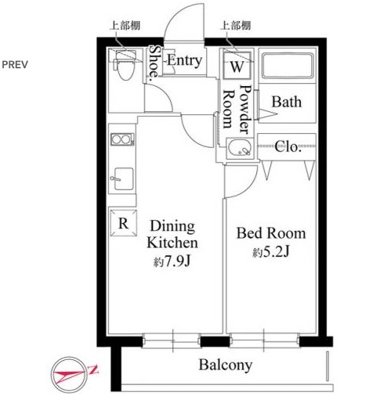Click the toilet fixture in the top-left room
point(125,65)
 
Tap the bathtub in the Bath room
point(288,66)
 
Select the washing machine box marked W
point(237,66)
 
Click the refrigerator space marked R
point(123,223)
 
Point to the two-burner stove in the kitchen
point(122,139)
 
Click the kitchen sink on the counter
point(124,179)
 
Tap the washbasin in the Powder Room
point(240,149)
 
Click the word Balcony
point(226,365)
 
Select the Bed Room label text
point(271,233)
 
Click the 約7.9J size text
point(172,261)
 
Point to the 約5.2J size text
point(271,252)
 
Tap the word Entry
point(184,60)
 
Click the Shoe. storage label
point(154,62)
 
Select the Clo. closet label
point(288,147)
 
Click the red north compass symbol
point(70,375)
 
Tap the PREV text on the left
point(15,65)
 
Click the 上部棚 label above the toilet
point(125,26)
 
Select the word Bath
point(287,102)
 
